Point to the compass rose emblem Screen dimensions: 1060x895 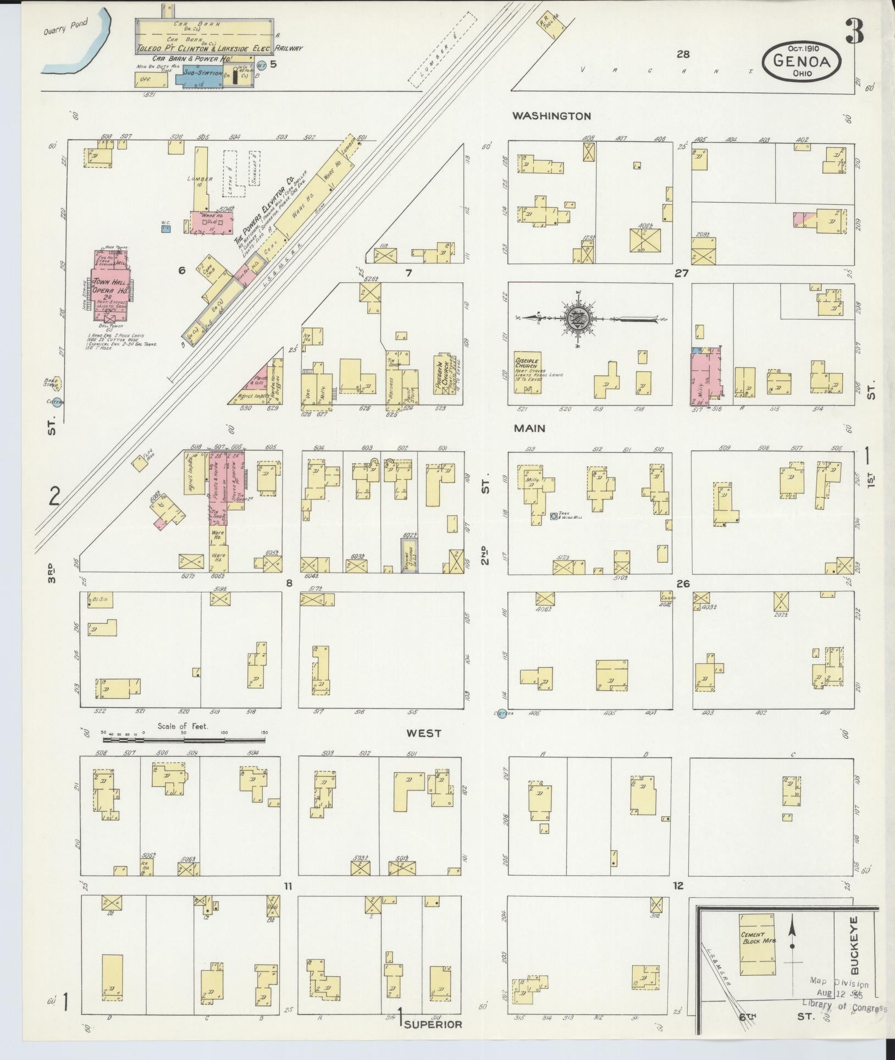coord(578,318)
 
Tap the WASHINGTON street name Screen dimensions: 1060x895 coord(551,116)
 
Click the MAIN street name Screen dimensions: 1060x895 coord(530,428)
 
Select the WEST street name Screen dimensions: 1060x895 coord(424,733)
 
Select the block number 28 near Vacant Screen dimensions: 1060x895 coord(683,54)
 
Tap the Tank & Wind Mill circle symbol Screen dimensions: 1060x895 coord(554,517)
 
